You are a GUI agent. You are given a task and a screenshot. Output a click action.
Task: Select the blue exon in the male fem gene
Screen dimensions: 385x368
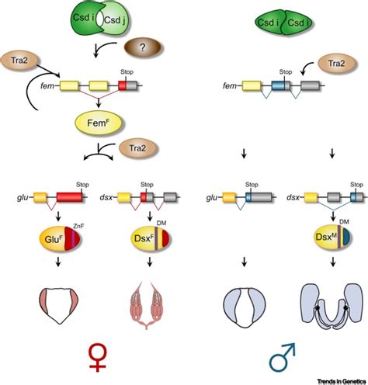(x=279, y=86)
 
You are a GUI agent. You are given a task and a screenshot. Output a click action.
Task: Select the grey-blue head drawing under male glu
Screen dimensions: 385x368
(x=236, y=303)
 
